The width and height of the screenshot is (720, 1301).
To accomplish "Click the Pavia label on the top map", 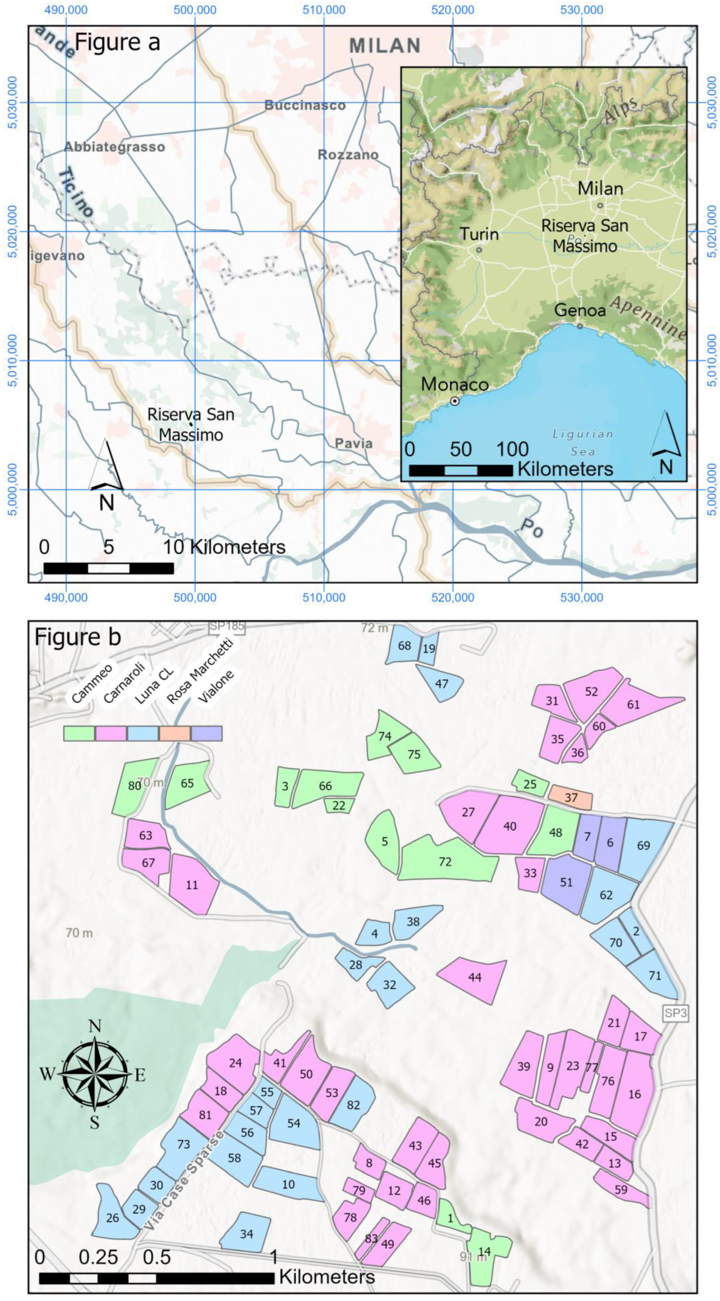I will (x=354, y=444).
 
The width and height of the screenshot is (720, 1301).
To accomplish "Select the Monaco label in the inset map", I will (x=455, y=384).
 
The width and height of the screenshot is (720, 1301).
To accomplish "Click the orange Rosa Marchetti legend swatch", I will (x=175, y=733).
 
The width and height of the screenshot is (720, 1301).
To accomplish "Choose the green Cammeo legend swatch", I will (x=79, y=733).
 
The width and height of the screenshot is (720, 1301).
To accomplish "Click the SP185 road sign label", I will (x=227, y=626).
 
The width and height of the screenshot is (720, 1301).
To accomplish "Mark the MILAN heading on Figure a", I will (x=385, y=46).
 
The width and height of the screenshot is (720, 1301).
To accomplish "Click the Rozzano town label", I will (x=348, y=155).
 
